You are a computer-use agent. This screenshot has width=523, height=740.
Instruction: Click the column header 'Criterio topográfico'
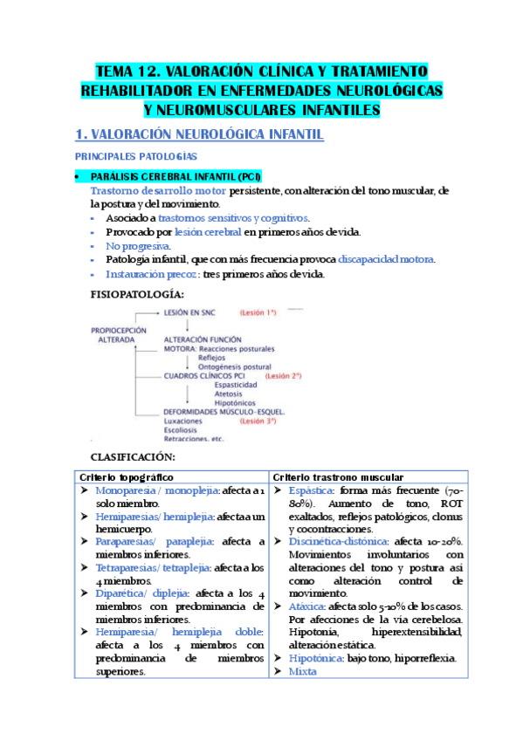[127, 476]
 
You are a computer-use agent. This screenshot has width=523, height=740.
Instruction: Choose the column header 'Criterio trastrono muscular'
[338, 476]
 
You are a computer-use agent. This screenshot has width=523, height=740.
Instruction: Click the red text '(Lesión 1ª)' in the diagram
[258, 312]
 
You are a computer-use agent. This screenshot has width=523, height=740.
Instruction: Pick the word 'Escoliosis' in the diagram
[182, 429]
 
